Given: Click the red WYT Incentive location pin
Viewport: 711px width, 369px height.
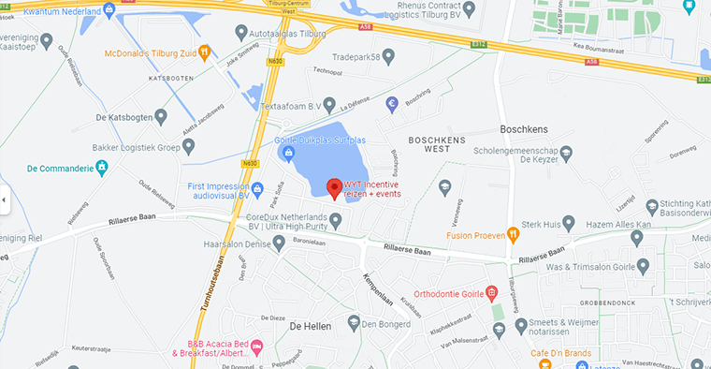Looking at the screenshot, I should point(333,187).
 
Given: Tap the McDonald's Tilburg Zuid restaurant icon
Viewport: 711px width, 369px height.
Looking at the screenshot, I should point(205,52).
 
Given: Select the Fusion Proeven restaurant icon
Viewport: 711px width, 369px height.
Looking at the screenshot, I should point(513,233).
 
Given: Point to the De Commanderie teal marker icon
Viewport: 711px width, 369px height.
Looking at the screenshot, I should point(103,169).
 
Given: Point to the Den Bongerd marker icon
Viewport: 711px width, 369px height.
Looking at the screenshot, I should point(354,322).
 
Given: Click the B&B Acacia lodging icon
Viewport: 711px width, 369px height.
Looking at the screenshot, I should point(258,346).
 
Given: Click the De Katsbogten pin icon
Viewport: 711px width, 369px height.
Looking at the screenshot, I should point(161,117).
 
